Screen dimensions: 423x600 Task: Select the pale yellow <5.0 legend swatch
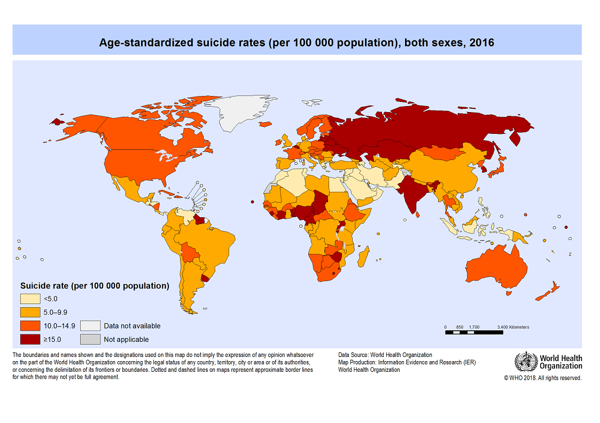click(x=31, y=299)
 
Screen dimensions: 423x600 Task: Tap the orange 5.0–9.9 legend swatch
click(x=31, y=312)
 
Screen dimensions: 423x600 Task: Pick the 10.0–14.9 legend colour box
click(x=31, y=325)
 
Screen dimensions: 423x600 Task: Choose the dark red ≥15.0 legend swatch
click(x=31, y=339)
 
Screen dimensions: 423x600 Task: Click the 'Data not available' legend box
click(x=90, y=325)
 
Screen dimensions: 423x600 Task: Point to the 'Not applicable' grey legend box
click(x=90, y=339)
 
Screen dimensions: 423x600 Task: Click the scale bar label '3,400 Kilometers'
click(x=512, y=327)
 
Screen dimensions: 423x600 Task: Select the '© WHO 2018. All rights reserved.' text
click(x=542, y=378)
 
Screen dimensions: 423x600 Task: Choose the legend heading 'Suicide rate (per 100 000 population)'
click(x=95, y=286)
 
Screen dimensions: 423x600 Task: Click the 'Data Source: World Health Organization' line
click(x=385, y=355)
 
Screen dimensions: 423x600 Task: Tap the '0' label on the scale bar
click(x=445, y=327)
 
